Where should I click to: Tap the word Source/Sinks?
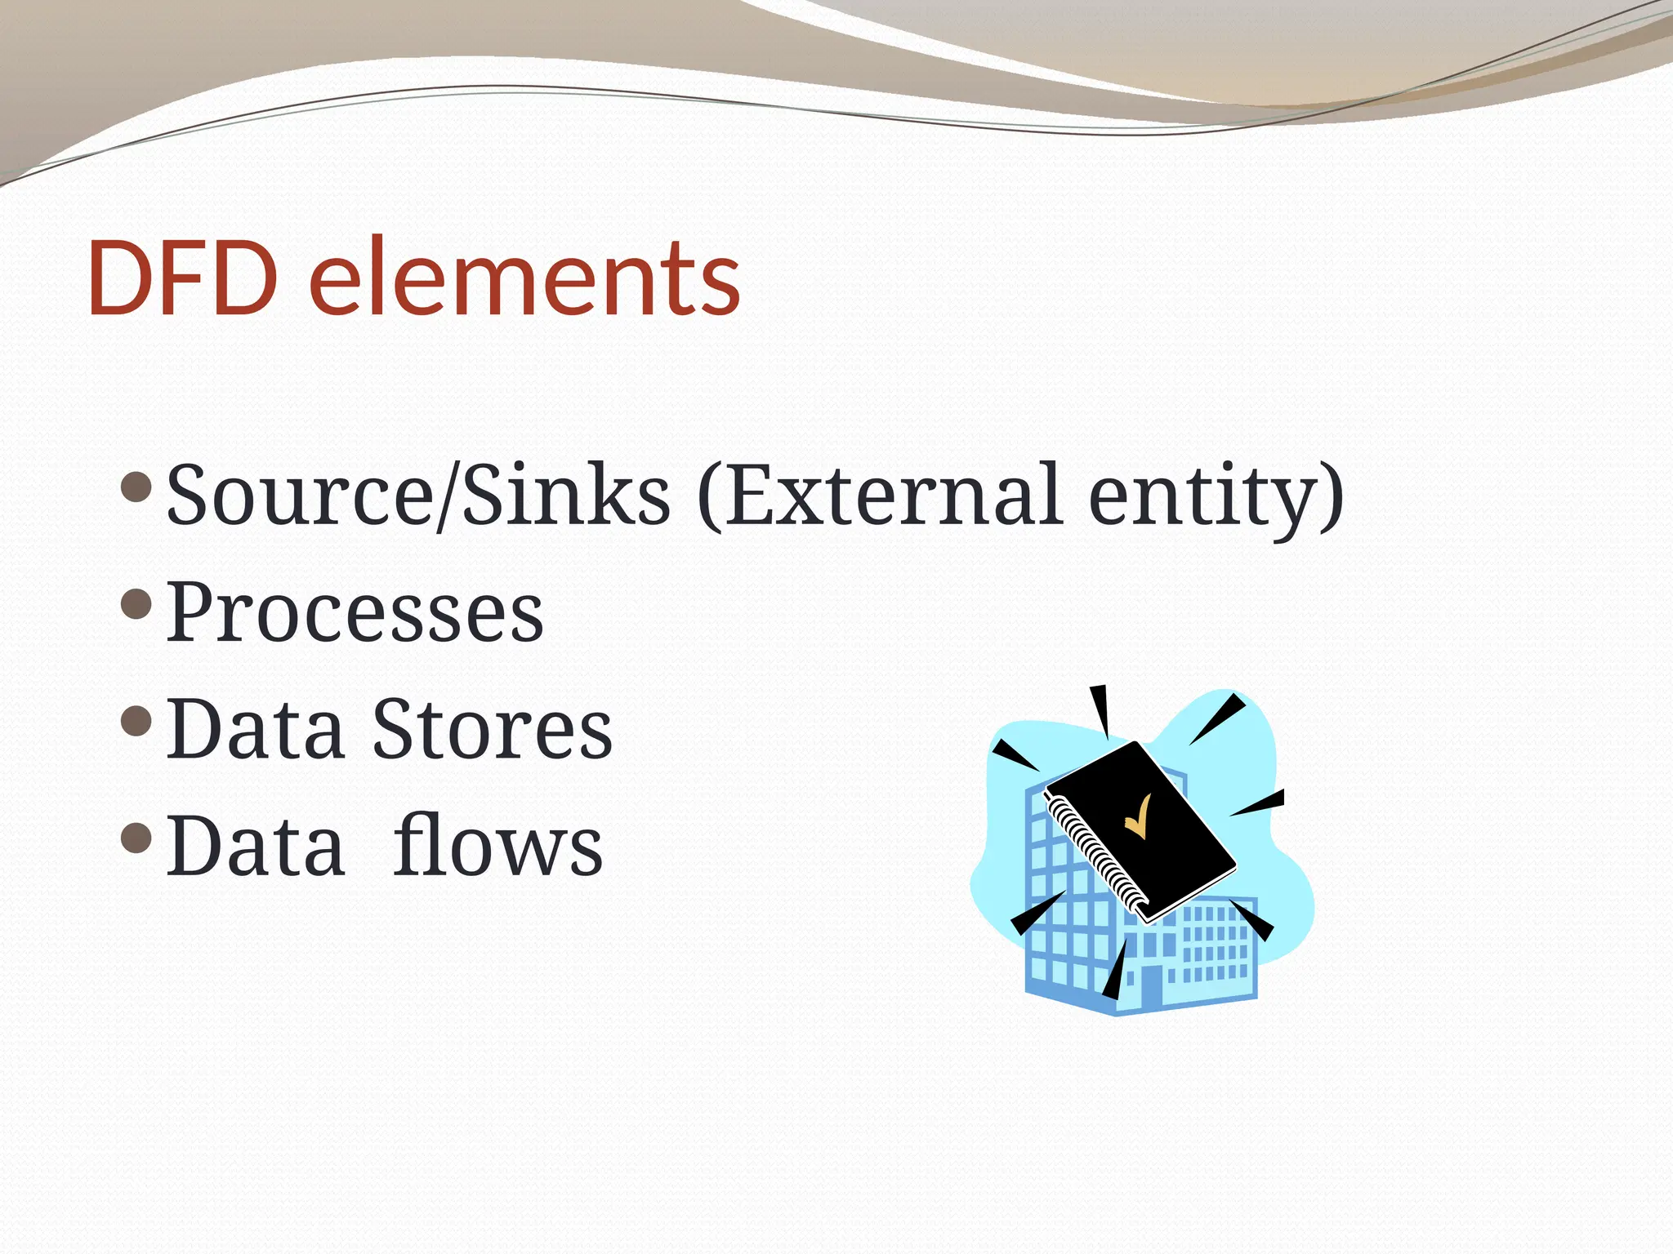417,495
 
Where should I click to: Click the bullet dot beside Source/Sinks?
136,487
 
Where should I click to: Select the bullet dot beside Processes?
136,604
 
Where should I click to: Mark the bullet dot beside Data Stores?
136,721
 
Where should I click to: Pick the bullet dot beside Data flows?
136,838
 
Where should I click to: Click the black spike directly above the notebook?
1100,709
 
